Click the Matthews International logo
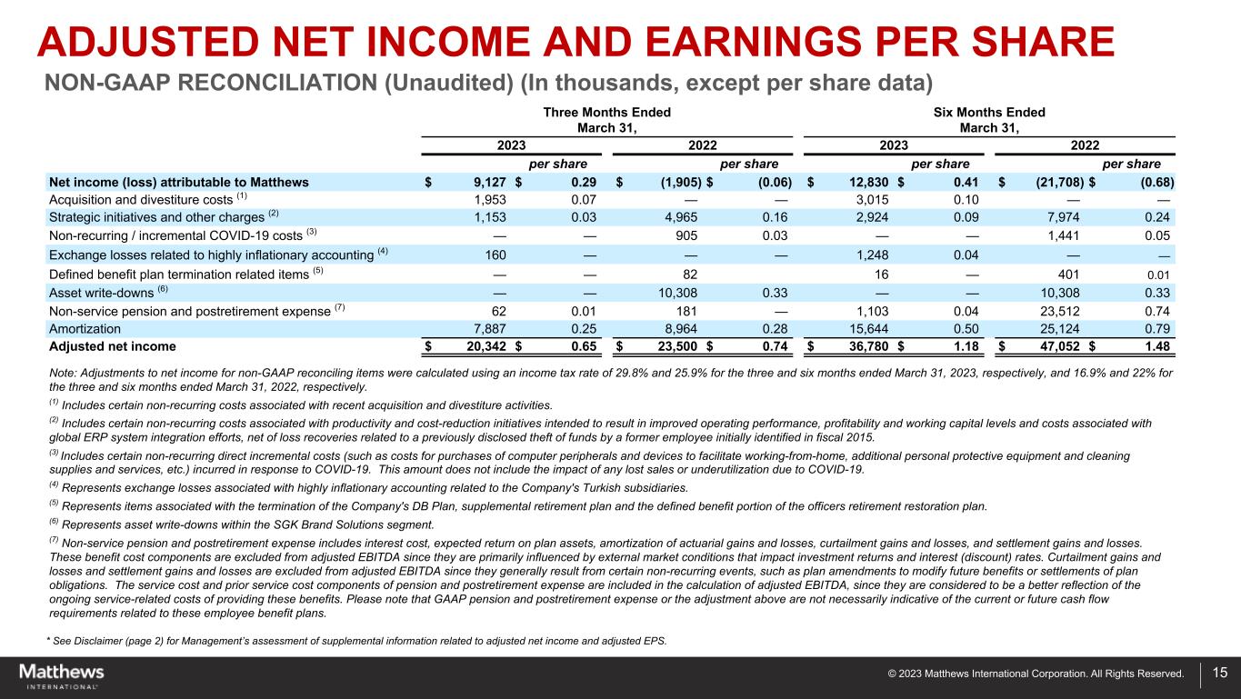62,675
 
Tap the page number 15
1219,674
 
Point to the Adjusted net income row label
112,346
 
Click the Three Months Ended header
607,113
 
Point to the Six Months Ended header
990,113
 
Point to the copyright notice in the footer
1036,674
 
